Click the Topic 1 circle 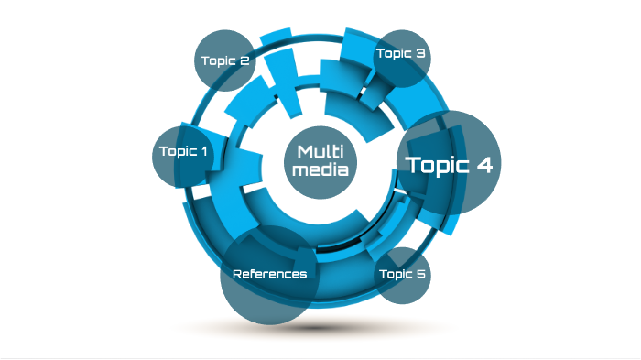click(181, 152)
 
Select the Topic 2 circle click(225, 61)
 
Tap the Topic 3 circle click(401, 55)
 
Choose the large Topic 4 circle click(449, 164)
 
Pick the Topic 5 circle click(403, 274)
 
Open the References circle click(269, 274)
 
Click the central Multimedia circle click(320, 161)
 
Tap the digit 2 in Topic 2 click(244, 61)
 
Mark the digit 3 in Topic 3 click(420, 54)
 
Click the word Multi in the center click(320, 151)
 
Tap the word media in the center click(320, 170)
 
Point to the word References click(269, 274)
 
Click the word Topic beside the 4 click(436, 166)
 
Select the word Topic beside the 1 click(178, 151)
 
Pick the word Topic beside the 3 click(394, 54)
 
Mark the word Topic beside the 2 click(219, 61)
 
